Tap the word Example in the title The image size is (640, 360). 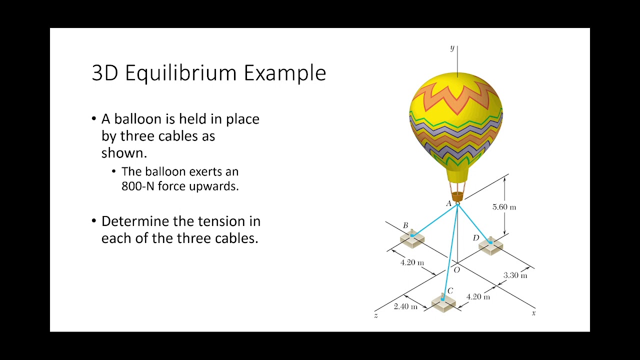(285, 73)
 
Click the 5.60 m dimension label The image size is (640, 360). (504, 207)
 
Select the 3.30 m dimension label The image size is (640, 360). (515, 275)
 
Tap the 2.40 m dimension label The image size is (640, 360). (405, 306)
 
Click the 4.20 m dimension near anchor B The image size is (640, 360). (412, 262)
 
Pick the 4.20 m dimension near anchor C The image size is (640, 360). (478, 296)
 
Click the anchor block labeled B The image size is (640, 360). (412, 239)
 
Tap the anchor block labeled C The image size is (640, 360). (443, 302)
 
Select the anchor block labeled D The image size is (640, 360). (490, 246)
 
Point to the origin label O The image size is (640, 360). (456, 270)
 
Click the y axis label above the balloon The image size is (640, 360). (452, 48)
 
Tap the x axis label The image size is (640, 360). (533, 313)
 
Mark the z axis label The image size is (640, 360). (375, 315)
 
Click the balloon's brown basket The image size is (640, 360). (457, 196)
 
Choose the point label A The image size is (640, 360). (448, 204)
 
